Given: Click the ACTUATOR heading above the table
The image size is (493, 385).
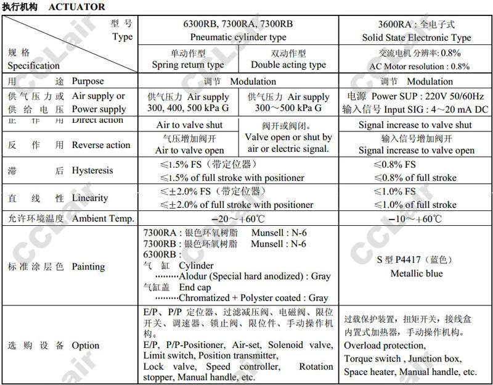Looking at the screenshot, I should click(x=76, y=7).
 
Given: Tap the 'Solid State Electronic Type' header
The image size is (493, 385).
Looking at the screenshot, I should click(x=417, y=38).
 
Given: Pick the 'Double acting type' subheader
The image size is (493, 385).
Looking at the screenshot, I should click(x=288, y=65).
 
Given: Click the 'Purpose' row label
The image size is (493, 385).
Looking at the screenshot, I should click(x=88, y=81).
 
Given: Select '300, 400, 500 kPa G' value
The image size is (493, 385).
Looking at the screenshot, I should click(x=188, y=108).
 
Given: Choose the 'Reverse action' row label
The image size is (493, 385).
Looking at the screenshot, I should click(x=101, y=145).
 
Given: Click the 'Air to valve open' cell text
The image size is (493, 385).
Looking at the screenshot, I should click(x=189, y=150).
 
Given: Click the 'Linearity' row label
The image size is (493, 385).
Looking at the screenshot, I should click(x=90, y=198).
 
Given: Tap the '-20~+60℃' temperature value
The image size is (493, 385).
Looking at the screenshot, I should click(x=238, y=218).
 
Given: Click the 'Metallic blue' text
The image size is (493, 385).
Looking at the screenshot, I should click(x=417, y=273).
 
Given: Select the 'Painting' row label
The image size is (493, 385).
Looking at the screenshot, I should click(x=89, y=267).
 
